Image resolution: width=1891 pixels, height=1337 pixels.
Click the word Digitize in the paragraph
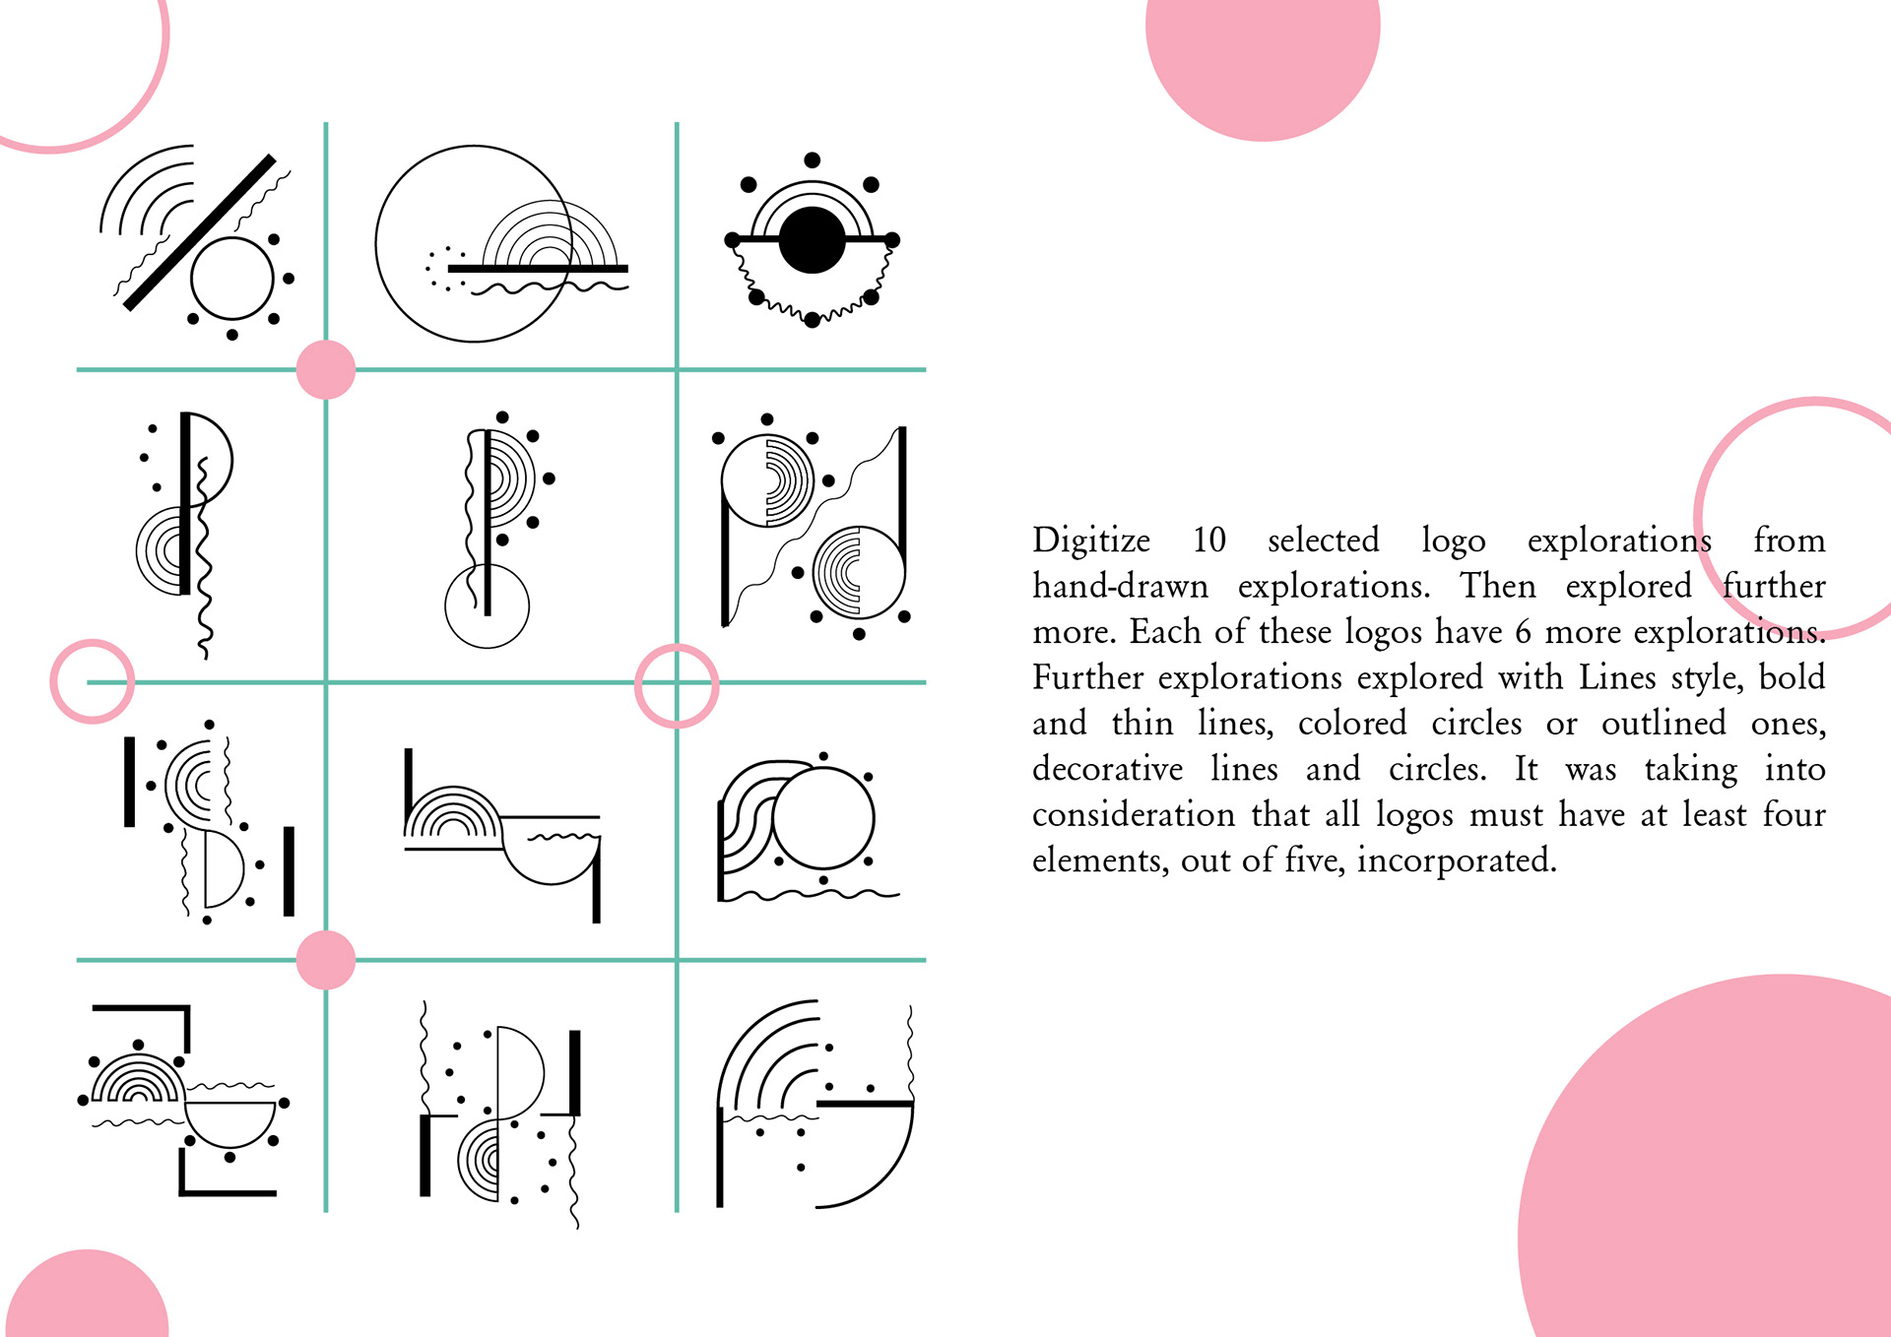pos(1091,541)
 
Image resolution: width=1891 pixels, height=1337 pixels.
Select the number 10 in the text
pos(1209,541)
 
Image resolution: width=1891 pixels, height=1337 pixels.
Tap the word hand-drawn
pos(1120,586)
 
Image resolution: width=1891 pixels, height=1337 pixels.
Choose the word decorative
pos(1108,769)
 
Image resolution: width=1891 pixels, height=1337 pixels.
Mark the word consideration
pos(1134,815)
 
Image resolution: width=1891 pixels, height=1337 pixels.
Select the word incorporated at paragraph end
pos(1457,861)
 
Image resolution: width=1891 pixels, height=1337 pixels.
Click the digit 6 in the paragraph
pos(1524,632)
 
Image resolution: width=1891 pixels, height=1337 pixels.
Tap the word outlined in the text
pos(1663,724)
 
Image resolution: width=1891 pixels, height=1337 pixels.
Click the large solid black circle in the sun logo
pos(812,240)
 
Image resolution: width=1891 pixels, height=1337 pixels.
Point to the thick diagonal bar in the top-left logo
pos(200,232)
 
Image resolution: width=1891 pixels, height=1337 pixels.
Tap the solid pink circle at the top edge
pos(1263,59)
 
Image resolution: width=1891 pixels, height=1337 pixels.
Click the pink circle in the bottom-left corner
pos(87,1295)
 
